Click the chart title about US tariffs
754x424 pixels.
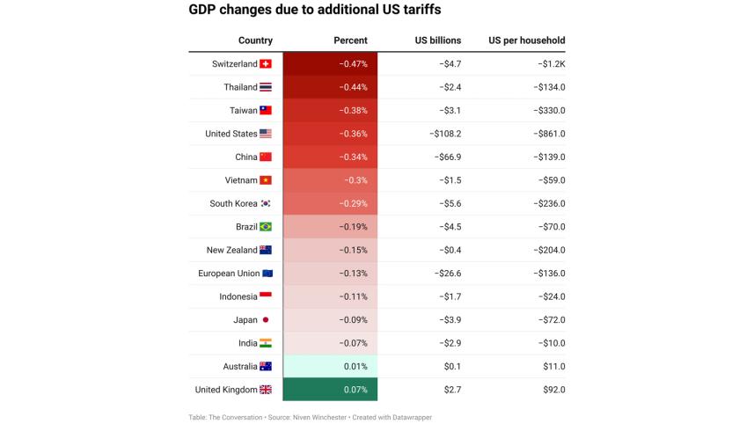click(x=315, y=11)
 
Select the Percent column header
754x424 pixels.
click(x=350, y=40)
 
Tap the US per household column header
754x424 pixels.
click(x=526, y=40)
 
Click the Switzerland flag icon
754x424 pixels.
click(x=266, y=64)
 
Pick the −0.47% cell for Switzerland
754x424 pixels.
click(x=353, y=64)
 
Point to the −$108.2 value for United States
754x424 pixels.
click(x=445, y=134)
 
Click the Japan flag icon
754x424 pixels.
click(x=266, y=320)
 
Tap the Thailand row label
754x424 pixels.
click(x=240, y=87)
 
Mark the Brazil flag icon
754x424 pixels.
click(x=266, y=227)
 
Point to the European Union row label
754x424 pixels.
click(x=229, y=274)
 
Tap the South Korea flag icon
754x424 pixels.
click(x=266, y=204)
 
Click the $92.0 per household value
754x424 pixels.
click(x=553, y=390)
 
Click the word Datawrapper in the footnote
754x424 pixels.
click(x=412, y=417)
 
